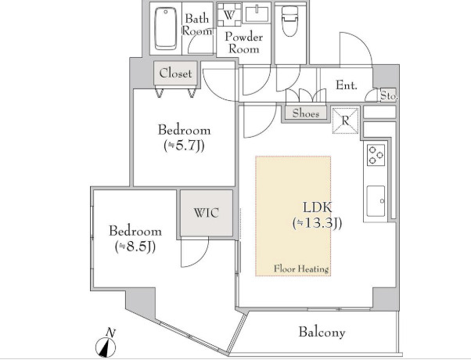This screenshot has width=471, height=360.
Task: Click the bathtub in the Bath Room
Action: [x=166, y=28]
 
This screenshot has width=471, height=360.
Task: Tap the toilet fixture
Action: [x=289, y=22]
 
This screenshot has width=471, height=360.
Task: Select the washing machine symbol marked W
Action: [x=229, y=15]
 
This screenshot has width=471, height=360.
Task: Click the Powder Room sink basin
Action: [x=257, y=14]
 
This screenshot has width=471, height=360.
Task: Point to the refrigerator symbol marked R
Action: [x=346, y=121]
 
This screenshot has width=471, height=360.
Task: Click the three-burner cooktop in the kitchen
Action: [x=376, y=155]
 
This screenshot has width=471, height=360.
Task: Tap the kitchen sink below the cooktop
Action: [x=376, y=201]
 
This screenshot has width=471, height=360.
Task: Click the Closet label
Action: [x=175, y=73]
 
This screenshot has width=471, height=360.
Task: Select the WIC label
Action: [x=207, y=213]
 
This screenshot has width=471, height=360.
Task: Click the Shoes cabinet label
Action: [x=306, y=113]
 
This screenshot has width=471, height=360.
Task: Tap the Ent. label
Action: [x=347, y=85]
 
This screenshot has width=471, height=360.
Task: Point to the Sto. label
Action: [x=389, y=95]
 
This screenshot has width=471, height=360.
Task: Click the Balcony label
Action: [x=322, y=332]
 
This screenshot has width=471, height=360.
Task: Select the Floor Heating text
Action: [x=301, y=268]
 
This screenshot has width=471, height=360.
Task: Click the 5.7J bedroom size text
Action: [x=184, y=146]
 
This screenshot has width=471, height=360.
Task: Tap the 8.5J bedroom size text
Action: [x=135, y=247]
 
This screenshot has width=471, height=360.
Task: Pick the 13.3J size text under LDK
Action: [x=317, y=223]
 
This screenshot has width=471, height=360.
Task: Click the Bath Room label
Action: [x=196, y=24]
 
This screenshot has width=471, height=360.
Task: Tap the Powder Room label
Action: [x=243, y=43]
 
